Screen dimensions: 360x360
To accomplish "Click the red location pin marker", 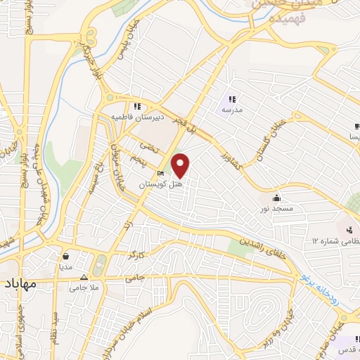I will [x=181, y=165].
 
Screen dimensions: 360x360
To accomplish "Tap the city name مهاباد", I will [x=22, y=285].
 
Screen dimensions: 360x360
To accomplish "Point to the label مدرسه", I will [x=232, y=110].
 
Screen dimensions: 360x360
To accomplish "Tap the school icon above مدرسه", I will [x=232, y=99].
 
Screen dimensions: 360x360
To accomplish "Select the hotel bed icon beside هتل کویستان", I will [x=160, y=173].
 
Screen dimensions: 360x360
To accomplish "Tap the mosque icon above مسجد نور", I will [x=277, y=198].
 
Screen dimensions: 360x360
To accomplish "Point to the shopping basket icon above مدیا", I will [x=65, y=256].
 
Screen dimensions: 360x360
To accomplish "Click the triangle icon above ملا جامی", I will [x=85, y=277].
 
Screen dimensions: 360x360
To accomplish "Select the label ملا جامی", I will [x=85, y=288].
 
